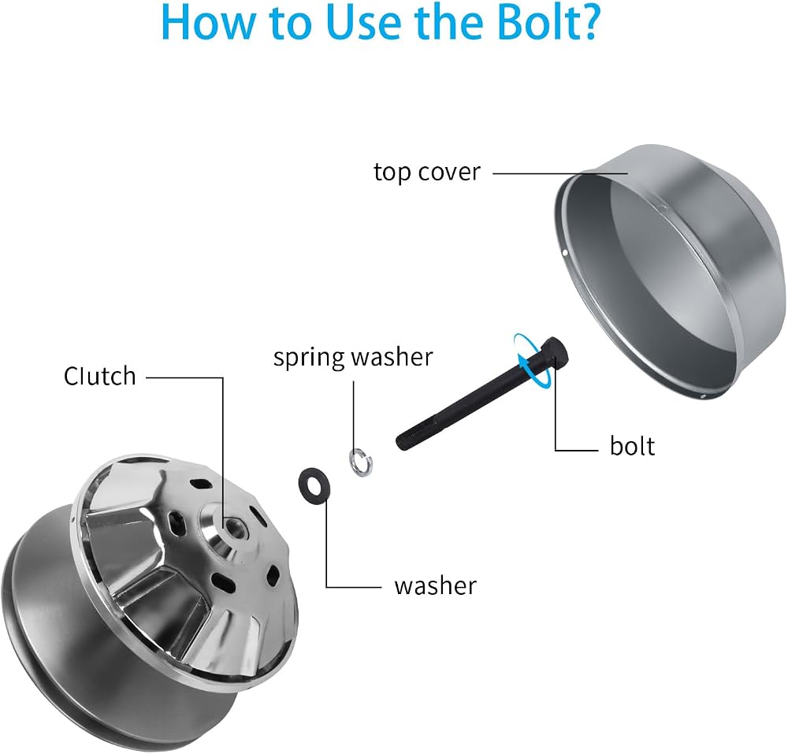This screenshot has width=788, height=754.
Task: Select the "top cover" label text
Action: [x=427, y=173]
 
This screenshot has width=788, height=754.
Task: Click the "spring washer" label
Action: [x=353, y=357]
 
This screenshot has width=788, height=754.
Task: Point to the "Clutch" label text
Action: [x=100, y=376]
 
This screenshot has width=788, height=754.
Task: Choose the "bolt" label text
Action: [x=632, y=446]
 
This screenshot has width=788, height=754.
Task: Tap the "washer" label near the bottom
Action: [x=435, y=585]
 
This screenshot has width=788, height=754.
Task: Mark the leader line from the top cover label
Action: [x=559, y=173]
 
